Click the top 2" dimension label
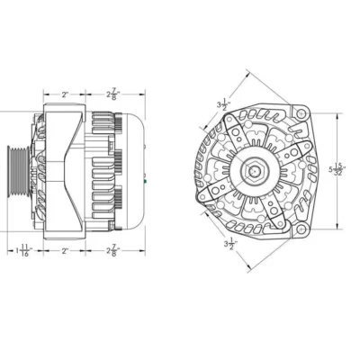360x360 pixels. pos(65,93)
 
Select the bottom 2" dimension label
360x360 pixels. pos(65,251)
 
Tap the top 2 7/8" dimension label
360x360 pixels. pos(114,93)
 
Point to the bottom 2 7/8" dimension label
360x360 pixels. pos(114,251)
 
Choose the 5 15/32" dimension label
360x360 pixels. pos(337,168)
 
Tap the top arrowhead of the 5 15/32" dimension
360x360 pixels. pos(338,114)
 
